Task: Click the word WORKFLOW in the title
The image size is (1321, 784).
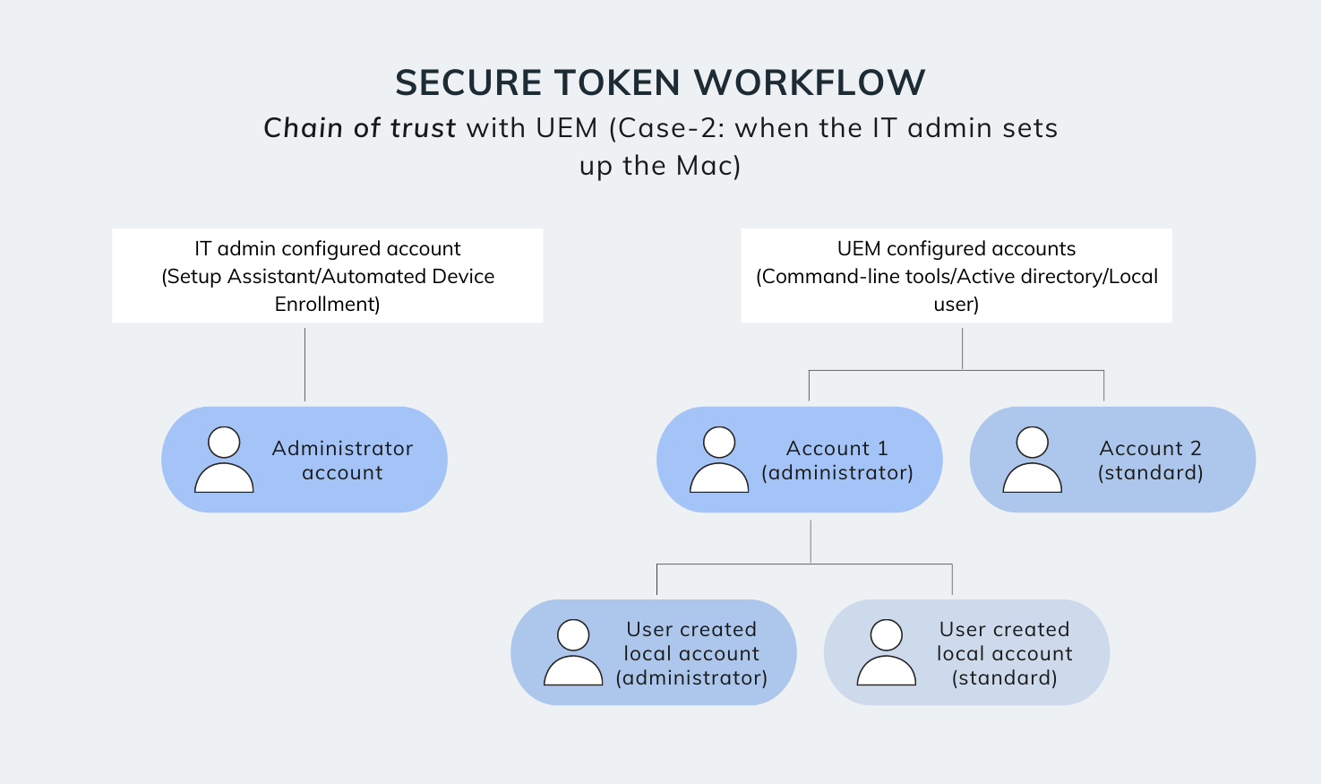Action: click(x=810, y=83)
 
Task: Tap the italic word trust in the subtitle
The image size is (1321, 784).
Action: click(x=423, y=128)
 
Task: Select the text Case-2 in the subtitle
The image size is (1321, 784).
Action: click(x=670, y=128)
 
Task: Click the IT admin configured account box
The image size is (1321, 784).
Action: click(x=327, y=275)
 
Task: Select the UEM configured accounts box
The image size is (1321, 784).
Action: click(x=956, y=275)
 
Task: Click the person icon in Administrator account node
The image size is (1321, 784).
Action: click(x=224, y=460)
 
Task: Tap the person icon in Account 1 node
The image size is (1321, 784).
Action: click(x=719, y=460)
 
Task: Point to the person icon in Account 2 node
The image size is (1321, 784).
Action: click(x=1032, y=460)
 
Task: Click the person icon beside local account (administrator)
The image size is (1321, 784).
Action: click(x=573, y=652)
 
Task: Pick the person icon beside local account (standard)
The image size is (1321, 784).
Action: click(x=886, y=652)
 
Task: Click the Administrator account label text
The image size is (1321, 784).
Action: click(x=342, y=461)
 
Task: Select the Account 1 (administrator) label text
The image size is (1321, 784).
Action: click(x=836, y=461)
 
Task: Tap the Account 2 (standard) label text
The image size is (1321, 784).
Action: click(x=1150, y=461)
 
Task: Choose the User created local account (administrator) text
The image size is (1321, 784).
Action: click(x=691, y=653)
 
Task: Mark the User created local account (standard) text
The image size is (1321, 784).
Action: click(x=1004, y=653)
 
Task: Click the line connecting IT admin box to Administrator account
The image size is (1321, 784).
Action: click(x=305, y=364)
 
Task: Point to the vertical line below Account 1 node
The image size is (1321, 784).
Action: click(x=811, y=541)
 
